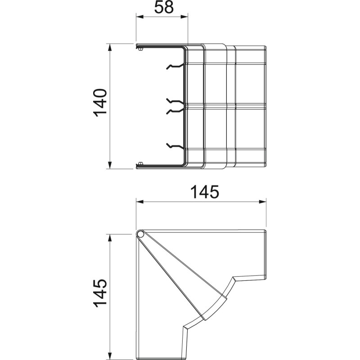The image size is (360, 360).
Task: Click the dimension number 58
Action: coord(164,7)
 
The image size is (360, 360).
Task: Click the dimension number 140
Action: coord(100,103)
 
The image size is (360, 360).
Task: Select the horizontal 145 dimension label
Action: coord(205,192)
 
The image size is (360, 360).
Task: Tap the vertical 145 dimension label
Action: coord(100,293)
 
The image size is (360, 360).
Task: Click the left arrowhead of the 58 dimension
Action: coord(139,17)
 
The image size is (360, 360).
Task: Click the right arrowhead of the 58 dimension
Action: coord(184,17)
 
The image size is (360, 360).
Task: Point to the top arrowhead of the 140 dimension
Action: coord(110,48)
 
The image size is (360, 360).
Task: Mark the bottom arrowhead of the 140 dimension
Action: coord(110,165)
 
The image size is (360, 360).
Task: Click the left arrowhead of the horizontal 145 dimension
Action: coord(140,202)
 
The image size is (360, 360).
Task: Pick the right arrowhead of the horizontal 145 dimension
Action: coord(263,202)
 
